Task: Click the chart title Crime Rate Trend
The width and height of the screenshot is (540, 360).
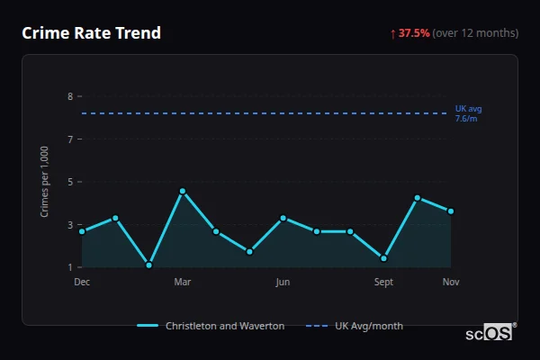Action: tap(92, 33)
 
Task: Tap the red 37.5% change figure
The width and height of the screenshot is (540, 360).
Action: tap(414, 33)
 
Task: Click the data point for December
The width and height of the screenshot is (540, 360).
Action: tap(82, 231)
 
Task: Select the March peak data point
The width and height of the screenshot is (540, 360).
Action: tap(183, 191)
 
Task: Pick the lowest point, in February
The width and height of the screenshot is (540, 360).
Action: tap(149, 265)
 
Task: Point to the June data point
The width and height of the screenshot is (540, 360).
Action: tap(283, 218)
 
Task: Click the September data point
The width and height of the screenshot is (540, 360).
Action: tap(383, 258)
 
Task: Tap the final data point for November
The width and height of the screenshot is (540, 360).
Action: tap(451, 211)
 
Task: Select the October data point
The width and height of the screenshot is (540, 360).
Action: tap(418, 198)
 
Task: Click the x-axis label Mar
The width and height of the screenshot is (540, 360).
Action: tap(183, 283)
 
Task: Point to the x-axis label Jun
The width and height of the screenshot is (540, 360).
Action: tap(283, 283)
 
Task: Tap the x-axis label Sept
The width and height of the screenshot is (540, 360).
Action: tap(383, 283)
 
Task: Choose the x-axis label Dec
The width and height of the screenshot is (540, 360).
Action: tap(82, 283)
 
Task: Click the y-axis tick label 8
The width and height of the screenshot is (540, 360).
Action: tap(70, 96)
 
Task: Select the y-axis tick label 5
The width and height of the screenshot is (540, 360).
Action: tap(70, 182)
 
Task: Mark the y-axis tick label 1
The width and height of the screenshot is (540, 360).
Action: tap(70, 267)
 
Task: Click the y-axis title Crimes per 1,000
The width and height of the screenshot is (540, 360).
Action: tap(45, 182)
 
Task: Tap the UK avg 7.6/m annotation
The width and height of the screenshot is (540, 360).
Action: tap(468, 113)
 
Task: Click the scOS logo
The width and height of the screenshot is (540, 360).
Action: tap(490, 332)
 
